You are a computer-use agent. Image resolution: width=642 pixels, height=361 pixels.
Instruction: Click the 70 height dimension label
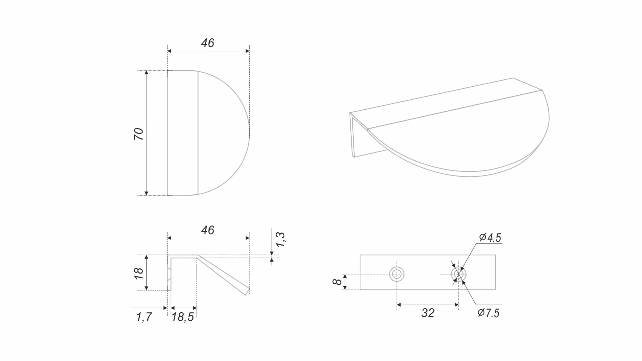coord(138,134)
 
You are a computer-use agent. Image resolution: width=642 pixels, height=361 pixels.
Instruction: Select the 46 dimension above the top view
coord(208,43)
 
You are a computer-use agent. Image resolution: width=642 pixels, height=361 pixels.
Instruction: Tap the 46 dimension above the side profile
coord(208,230)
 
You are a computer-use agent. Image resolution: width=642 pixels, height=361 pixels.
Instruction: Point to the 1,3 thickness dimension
coord(281,239)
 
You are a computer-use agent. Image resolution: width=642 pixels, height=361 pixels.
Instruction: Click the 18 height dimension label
coord(139,274)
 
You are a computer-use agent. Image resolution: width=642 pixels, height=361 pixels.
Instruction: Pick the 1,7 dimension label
coord(144,317)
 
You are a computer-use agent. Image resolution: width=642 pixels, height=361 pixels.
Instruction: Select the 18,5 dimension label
coord(183,317)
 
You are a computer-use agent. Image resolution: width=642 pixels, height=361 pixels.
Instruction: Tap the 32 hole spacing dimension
coord(428,313)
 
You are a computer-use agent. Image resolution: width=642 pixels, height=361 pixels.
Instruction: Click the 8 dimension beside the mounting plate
coord(337,282)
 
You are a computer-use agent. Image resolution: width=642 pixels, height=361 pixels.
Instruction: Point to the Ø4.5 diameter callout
coord(490,238)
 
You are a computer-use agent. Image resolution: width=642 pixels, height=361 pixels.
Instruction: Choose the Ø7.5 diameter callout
coord(489,313)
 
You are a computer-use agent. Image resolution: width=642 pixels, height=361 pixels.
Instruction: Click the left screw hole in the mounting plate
coord(397,274)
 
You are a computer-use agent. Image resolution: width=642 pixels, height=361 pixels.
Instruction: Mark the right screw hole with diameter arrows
coord(459,274)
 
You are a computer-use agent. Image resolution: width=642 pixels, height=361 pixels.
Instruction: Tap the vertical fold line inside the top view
coord(198,133)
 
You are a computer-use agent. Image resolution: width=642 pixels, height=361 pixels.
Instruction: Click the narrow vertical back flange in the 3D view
coord(352,135)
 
